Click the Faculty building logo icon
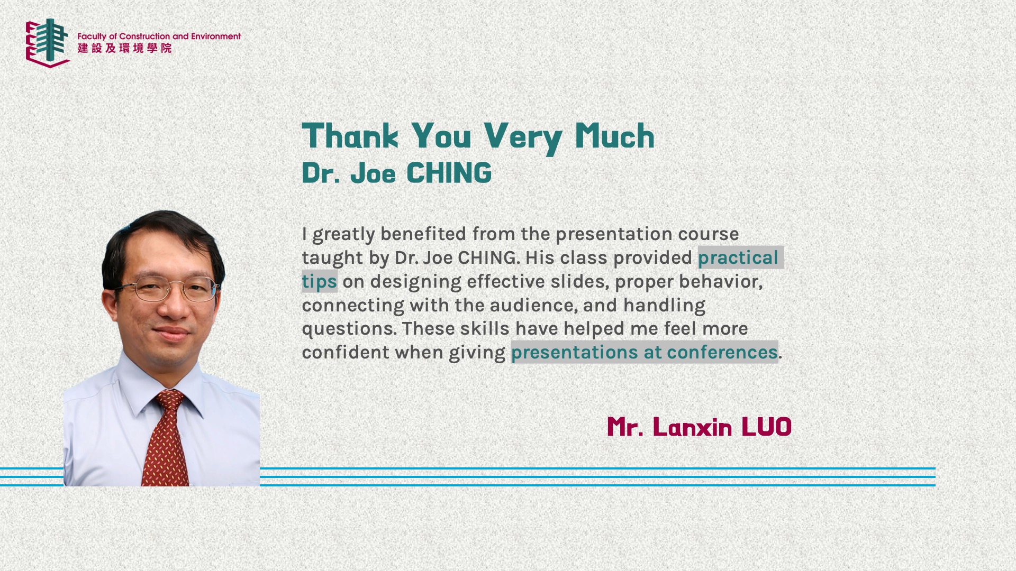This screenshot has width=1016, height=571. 48,43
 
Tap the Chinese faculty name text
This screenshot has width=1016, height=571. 125,48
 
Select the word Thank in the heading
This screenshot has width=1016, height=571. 350,136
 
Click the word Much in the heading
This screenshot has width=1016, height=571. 615,136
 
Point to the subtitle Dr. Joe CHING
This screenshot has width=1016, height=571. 397,173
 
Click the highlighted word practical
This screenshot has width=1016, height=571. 738,258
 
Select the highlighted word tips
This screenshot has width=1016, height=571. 319,282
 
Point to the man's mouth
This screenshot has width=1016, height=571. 171,333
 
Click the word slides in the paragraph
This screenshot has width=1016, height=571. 579,282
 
